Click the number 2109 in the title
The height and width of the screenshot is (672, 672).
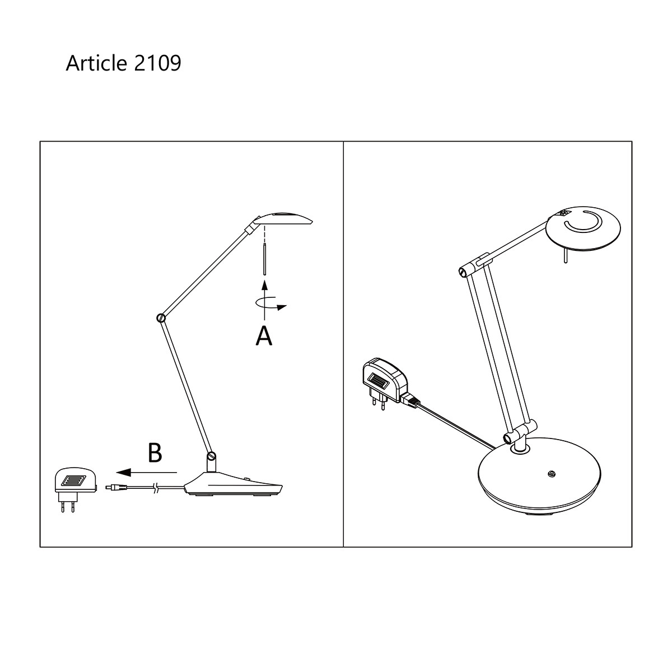click(x=158, y=63)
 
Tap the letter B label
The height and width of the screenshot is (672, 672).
click(x=155, y=453)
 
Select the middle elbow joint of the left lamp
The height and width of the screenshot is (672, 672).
click(x=161, y=318)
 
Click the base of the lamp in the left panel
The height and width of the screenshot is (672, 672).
click(x=235, y=484)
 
